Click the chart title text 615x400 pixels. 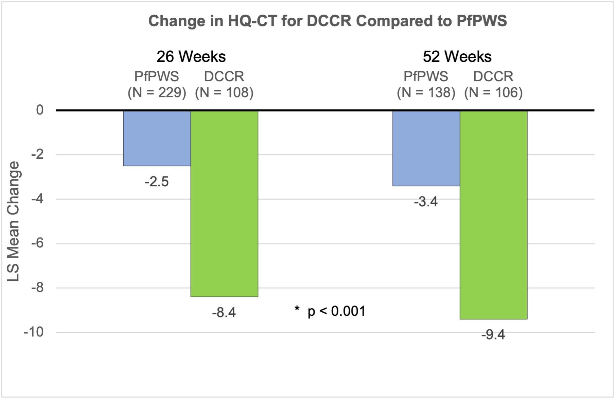pos(328,21)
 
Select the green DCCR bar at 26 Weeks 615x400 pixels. pos(224,204)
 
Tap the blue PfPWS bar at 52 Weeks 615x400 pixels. pos(426,148)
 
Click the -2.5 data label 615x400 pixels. pos(157,182)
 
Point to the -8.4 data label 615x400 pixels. pos(224,312)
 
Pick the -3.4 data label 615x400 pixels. pos(426,202)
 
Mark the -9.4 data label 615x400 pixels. pos(493,335)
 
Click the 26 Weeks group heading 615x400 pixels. pos(191,57)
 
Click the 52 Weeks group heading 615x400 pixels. pos(457,57)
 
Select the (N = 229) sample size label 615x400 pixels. pos(157,92)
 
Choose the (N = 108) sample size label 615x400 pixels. pos(224,92)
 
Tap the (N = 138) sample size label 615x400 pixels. pos(426,92)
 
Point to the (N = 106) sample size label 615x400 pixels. pos(493,92)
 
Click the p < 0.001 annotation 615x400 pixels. pos(336,311)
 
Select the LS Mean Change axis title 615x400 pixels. pos(14,221)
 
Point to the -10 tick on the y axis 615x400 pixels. pos(34,332)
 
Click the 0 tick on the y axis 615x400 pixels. pos(40,110)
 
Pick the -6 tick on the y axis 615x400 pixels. pos(37,243)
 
